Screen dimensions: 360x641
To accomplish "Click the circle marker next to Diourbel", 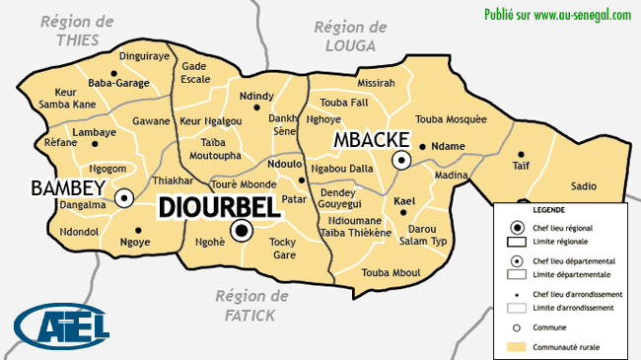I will pos(242,231).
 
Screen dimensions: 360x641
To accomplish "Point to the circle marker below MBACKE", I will pos(401,160).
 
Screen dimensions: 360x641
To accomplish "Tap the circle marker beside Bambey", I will pos(124,198).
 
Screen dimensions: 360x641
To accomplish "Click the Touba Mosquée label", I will pos(452,119).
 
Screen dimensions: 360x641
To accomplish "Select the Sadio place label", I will pos(584,185).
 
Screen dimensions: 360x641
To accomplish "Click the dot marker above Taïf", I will pos(521,154).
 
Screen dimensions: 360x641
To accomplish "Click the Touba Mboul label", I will pos(392,272).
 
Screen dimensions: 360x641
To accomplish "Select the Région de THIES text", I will pos(77,31).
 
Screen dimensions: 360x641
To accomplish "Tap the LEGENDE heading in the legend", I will pos(550,211).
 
